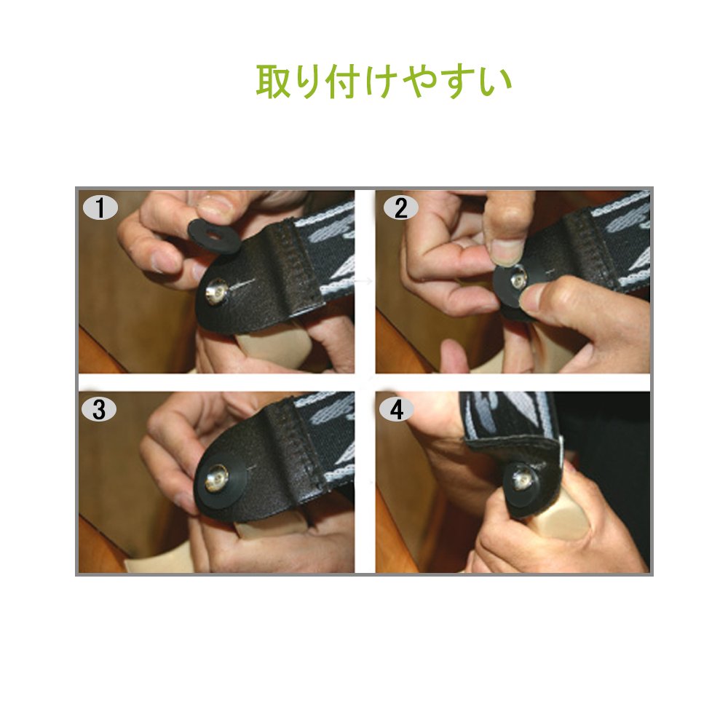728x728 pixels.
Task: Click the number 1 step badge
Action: pos(100,207)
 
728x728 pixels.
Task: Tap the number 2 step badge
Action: pos(400,207)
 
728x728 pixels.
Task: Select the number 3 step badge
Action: pos(98,409)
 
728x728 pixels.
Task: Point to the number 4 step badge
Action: pos(396,409)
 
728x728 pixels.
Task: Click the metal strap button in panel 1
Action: pos(216,291)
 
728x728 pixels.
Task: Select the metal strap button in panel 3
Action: pos(216,480)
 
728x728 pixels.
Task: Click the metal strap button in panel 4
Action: pos(522,479)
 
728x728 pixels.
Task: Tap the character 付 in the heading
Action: pos(344,82)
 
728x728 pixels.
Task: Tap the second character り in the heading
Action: pos(309,82)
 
